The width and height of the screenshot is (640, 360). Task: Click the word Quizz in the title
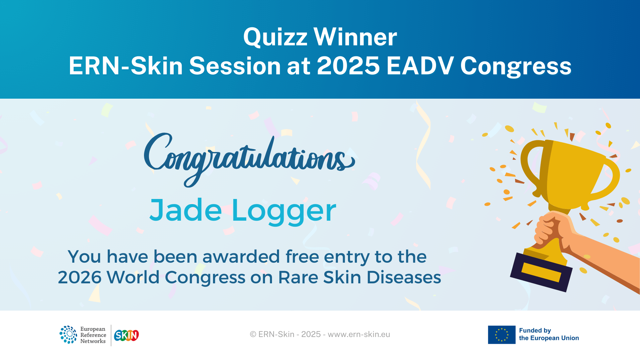275,37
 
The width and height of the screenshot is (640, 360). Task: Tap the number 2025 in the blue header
348,66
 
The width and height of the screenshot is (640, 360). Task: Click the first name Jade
186,210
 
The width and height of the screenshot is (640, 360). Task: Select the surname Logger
284,211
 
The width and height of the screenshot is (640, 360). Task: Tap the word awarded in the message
241,257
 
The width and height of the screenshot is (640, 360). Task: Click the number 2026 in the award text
79,277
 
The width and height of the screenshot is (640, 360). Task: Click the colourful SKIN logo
126,335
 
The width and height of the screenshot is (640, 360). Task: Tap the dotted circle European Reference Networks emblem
68,335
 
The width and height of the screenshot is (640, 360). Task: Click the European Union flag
501,335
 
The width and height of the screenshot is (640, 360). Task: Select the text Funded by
535,330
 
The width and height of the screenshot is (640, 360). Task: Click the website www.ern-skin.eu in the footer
359,334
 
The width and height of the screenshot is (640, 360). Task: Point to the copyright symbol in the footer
253,334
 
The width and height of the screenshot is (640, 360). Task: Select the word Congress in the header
516,66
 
